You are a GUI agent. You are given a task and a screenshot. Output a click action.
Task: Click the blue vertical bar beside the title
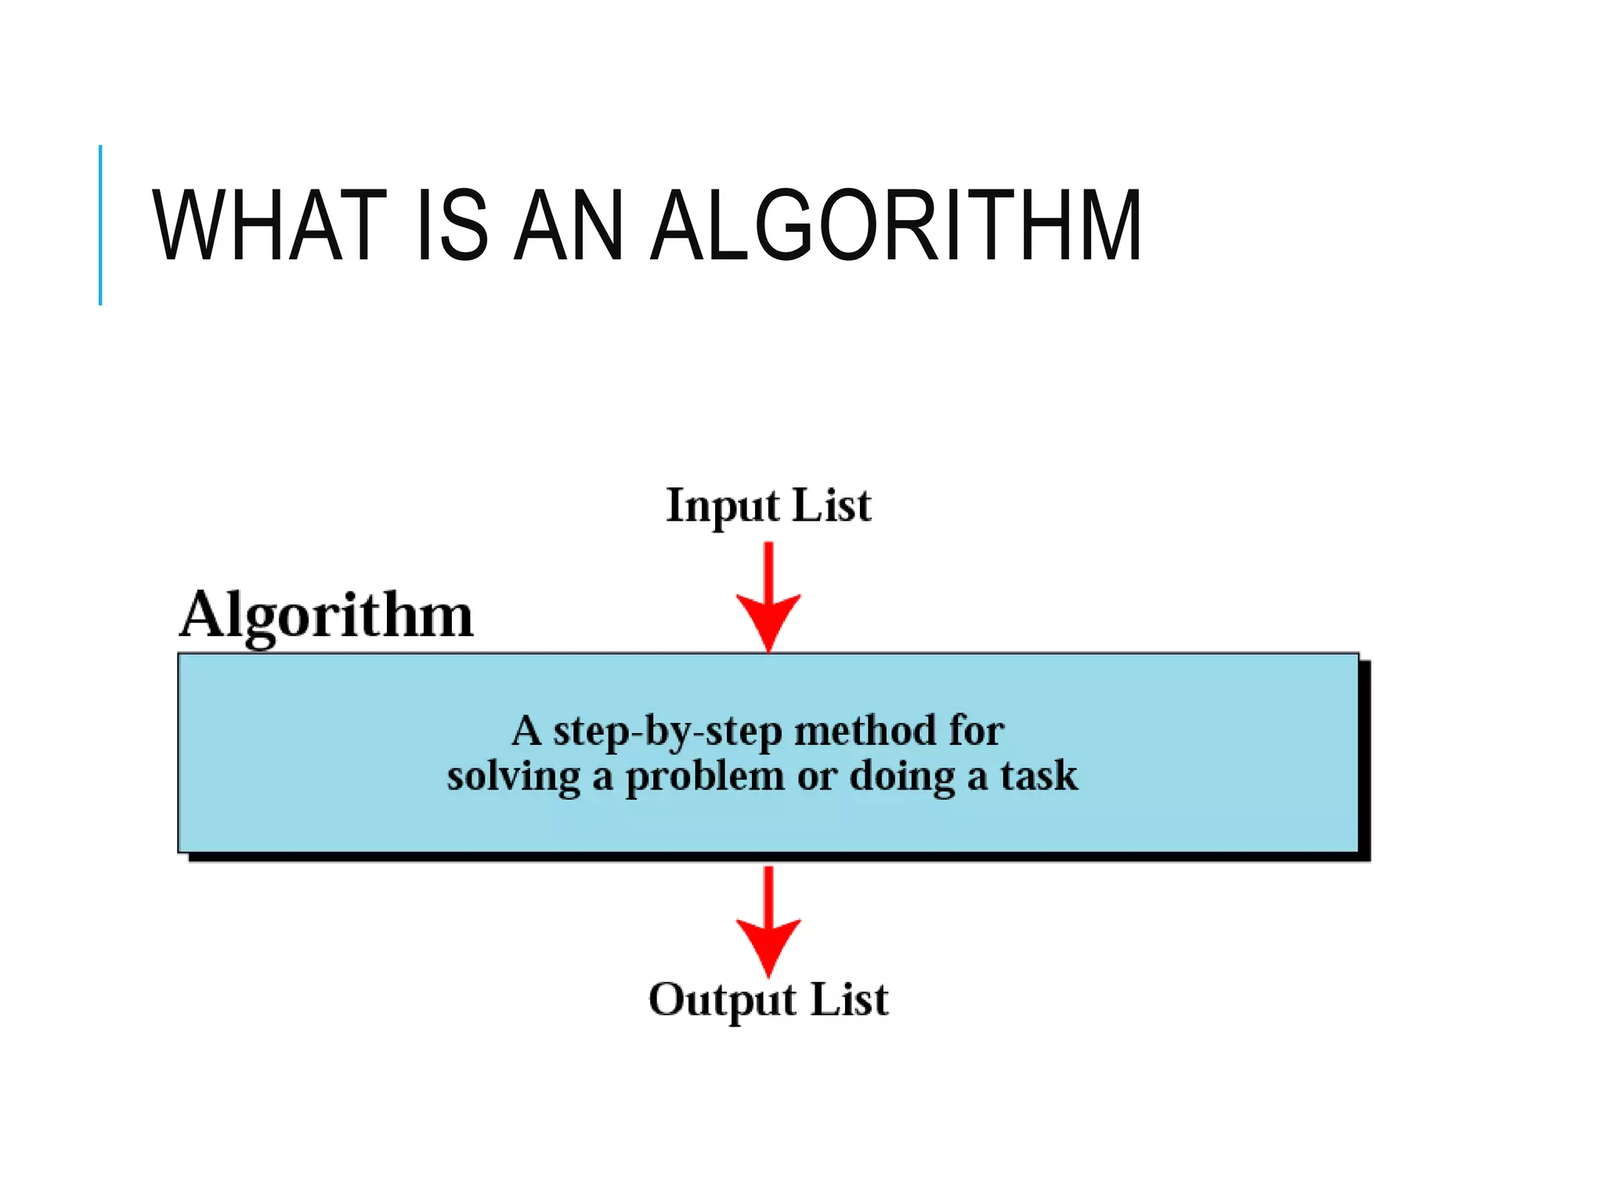[100, 225]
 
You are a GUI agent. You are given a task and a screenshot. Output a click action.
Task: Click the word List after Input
[832, 505]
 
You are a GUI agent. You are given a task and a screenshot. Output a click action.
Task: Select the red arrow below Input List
[768, 597]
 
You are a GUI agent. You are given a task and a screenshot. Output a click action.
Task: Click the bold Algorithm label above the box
[327, 617]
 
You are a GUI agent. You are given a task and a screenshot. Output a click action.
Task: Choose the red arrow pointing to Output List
[768, 921]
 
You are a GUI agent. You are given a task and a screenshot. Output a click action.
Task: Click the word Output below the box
[723, 1001]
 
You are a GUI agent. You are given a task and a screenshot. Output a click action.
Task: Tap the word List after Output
[849, 999]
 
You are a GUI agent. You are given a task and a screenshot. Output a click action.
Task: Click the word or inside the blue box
[817, 779]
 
